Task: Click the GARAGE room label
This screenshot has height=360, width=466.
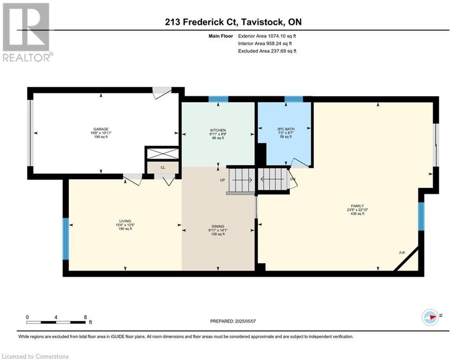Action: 101,129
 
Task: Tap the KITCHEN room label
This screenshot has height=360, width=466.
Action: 218,130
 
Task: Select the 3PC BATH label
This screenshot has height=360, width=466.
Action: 286,129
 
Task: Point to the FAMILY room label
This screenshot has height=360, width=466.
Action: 357,206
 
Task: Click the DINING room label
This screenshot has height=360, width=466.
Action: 218,226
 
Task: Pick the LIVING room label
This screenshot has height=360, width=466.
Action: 125,221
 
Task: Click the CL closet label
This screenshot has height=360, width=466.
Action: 163,167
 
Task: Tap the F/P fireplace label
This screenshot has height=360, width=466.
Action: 402,253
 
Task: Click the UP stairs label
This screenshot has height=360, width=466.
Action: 222,180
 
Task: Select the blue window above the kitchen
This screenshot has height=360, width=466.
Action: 218,99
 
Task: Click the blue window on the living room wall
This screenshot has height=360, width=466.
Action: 66,239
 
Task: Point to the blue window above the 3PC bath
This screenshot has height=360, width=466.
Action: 294,99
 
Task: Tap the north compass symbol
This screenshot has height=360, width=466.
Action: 430,317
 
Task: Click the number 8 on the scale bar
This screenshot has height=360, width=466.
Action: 85,317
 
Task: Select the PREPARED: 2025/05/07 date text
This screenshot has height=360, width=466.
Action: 233,321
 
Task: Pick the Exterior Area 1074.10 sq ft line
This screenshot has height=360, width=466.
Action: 267,36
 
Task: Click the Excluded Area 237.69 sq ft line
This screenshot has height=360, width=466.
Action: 267,51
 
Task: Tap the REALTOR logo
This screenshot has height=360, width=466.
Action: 27,32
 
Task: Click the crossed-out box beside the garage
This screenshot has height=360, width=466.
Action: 163,154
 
